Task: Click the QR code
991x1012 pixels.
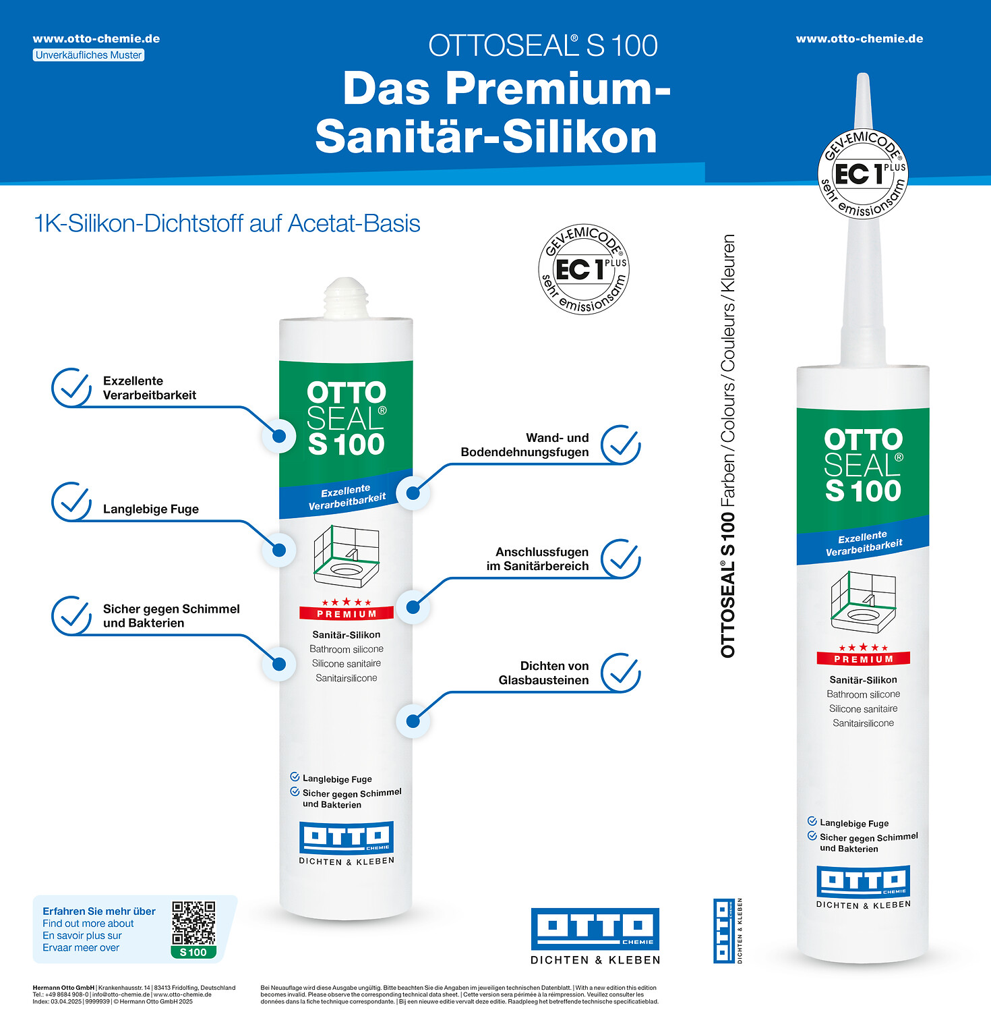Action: (193, 923)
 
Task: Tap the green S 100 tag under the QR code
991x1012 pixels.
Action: (193, 952)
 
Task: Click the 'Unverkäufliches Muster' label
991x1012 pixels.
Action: (88, 55)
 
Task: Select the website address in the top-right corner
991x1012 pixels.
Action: (860, 38)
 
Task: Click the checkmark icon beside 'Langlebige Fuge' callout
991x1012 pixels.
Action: (71, 502)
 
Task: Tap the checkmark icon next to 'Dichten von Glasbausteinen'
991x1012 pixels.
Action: (621, 673)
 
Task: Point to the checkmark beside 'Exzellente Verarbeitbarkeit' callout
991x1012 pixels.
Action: (71, 388)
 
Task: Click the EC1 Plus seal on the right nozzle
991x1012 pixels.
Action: (863, 173)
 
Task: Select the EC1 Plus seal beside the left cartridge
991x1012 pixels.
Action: (584, 269)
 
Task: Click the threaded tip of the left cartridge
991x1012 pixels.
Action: (346, 297)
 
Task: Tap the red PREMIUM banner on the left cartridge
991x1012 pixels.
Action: (347, 613)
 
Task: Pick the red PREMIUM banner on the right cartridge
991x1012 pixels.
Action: (863, 658)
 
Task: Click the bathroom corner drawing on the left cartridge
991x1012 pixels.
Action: (347, 555)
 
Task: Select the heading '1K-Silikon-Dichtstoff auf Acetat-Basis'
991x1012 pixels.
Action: (227, 223)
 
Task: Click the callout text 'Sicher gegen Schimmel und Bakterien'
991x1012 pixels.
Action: (171, 616)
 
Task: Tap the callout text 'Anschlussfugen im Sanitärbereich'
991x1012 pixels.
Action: (538, 559)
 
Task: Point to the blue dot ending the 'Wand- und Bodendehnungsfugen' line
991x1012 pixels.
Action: (413, 493)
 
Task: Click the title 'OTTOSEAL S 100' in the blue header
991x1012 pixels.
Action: (543, 46)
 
